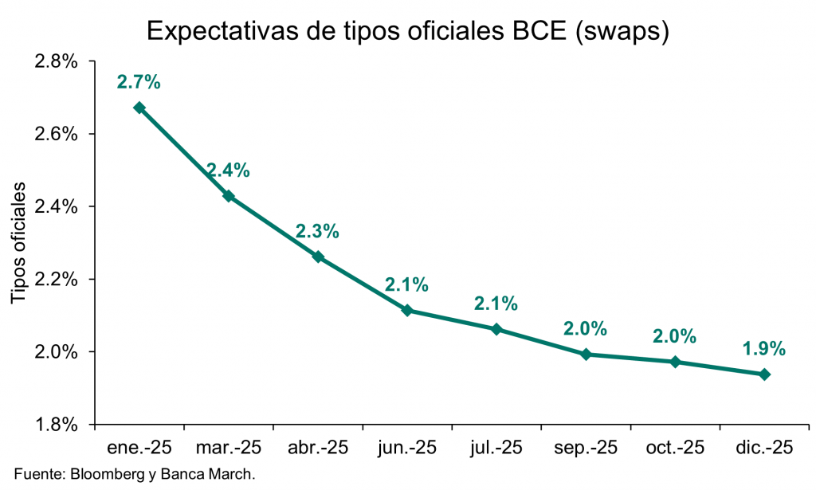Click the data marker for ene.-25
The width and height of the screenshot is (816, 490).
click(139, 108)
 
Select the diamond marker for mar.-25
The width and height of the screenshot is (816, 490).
click(229, 195)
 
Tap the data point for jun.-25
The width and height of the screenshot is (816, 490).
click(407, 310)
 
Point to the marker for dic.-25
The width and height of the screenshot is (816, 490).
click(764, 374)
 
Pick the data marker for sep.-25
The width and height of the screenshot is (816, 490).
click(586, 354)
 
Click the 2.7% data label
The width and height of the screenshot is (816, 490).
click(139, 81)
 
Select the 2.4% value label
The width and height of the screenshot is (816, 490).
click(229, 170)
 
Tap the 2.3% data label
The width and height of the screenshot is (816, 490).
click(318, 232)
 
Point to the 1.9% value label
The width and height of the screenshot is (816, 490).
click(764, 348)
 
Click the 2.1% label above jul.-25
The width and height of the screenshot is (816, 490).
click(496, 304)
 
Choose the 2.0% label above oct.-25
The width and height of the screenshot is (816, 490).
click(675, 336)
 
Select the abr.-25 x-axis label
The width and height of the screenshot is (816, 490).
click(318, 448)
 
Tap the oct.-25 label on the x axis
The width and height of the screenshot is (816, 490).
click(675, 448)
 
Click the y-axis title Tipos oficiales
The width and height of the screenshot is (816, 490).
click(19, 243)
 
